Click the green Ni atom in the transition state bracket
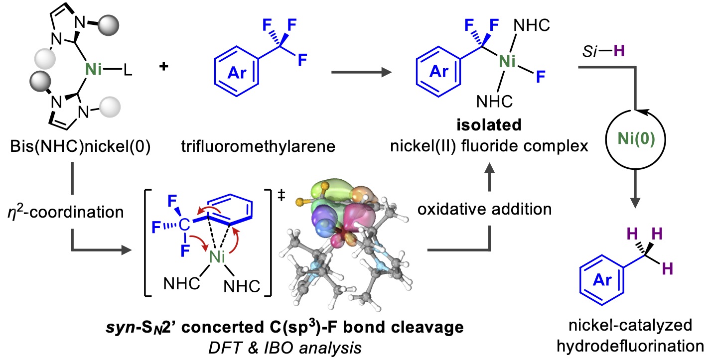216,257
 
